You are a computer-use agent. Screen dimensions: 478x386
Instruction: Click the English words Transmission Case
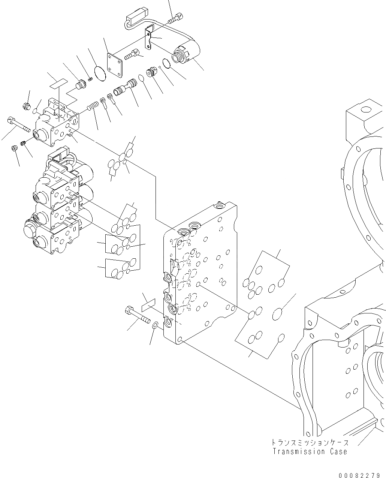[x=310, y=452]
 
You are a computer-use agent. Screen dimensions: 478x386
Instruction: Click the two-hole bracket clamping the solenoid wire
[x=150, y=37]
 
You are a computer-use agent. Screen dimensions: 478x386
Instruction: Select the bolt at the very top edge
[x=176, y=17]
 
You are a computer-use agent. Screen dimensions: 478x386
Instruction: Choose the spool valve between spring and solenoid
[x=125, y=89]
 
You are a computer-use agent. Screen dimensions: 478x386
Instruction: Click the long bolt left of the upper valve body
[x=19, y=124]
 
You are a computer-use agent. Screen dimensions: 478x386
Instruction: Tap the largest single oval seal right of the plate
[x=278, y=314]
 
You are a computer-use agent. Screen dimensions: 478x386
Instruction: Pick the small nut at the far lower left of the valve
[x=14, y=148]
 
